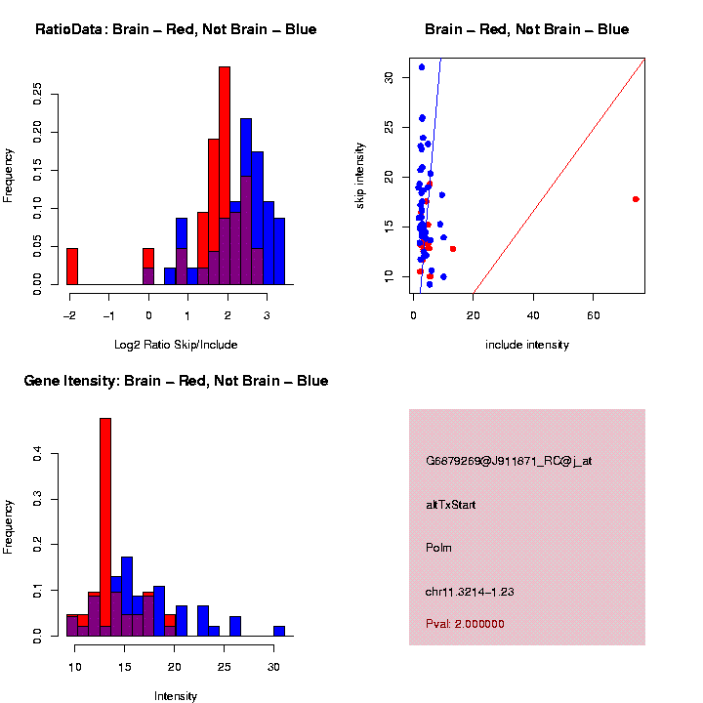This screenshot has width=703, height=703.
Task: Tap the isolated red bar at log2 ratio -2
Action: (x=72, y=267)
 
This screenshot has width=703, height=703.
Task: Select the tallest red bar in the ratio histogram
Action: (x=225, y=176)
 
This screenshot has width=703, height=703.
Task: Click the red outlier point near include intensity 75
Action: (x=636, y=199)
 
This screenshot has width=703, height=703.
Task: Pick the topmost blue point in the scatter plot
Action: (x=421, y=67)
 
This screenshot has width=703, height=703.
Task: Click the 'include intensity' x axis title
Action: (x=526, y=344)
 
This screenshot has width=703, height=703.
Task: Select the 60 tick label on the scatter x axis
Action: (x=594, y=314)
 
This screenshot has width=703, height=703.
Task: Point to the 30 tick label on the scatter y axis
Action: (x=389, y=76)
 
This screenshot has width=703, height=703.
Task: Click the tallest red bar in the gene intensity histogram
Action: (x=105, y=527)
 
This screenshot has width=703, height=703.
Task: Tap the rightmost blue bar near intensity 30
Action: (x=279, y=631)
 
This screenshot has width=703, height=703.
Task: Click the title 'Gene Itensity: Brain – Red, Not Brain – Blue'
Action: (x=176, y=381)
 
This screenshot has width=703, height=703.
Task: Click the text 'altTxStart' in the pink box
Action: (x=451, y=505)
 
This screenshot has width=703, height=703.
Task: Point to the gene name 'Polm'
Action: (x=438, y=548)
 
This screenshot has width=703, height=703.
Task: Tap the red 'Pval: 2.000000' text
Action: (x=465, y=623)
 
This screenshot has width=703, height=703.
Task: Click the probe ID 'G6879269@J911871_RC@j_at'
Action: (x=509, y=461)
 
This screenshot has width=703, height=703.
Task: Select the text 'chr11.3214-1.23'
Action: (x=470, y=592)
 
